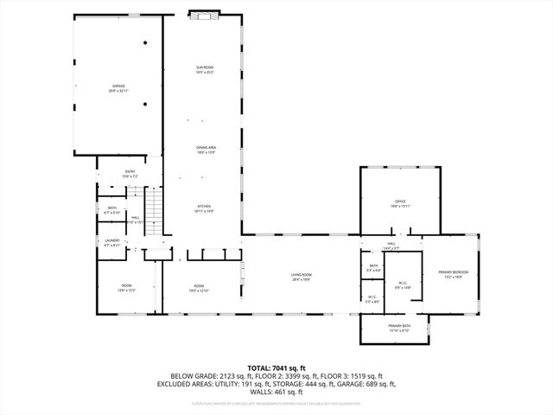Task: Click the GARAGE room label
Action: click(119, 87)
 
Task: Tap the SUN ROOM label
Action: click(205, 69)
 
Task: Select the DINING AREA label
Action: click(205, 150)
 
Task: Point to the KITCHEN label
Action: click(205, 207)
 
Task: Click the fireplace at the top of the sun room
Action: click(205, 15)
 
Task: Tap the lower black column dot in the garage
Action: click(145, 105)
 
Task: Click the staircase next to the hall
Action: click(153, 208)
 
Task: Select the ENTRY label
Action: click(130, 173)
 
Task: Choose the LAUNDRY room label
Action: click(112, 242)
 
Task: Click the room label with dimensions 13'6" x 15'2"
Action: click(126, 288)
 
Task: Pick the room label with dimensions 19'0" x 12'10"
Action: click(199, 288)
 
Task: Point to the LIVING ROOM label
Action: click(301, 277)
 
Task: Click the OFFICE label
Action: click(400, 203)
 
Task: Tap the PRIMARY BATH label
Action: click(399, 327)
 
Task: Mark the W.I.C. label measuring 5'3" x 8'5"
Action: click(372, 299)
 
